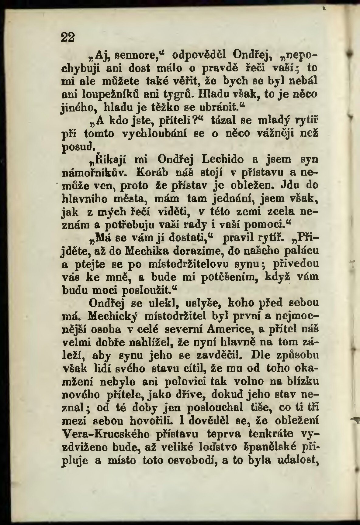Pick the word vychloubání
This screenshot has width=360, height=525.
pyautogui.click(x=157, y=133)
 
